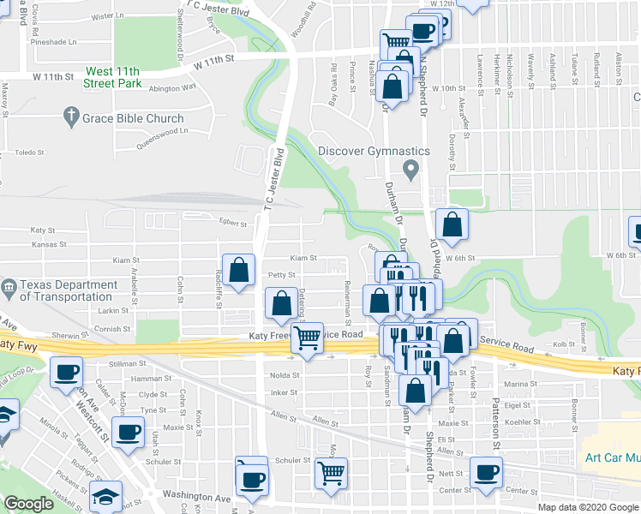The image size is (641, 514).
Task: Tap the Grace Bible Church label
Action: coord(134,118)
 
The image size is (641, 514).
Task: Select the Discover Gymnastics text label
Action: coord(373,151)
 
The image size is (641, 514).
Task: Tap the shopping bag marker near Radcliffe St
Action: coord(240,268)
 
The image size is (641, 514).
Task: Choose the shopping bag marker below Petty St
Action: coord(282,302)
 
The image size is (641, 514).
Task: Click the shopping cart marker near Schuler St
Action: coord(330,471)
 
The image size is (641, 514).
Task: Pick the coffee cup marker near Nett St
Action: coord(486,471)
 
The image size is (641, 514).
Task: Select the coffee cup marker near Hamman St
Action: coord(66,373)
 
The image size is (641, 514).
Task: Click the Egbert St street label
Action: coord(232,224)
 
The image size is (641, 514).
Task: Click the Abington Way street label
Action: coord(172,88)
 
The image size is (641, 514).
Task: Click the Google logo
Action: coord(28,504)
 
